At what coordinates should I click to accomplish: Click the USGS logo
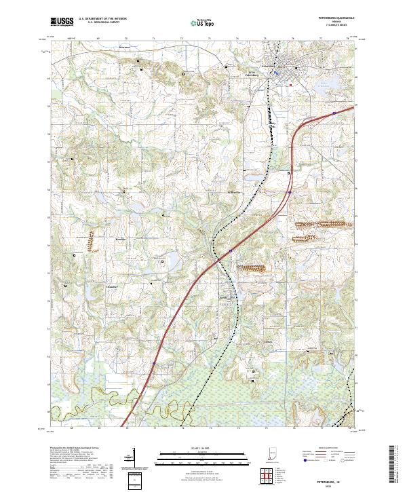click(x=62, y=22)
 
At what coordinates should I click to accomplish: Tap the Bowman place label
click(x=124, y=48)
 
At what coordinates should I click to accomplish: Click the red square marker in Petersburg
click(x=290, y=86)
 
